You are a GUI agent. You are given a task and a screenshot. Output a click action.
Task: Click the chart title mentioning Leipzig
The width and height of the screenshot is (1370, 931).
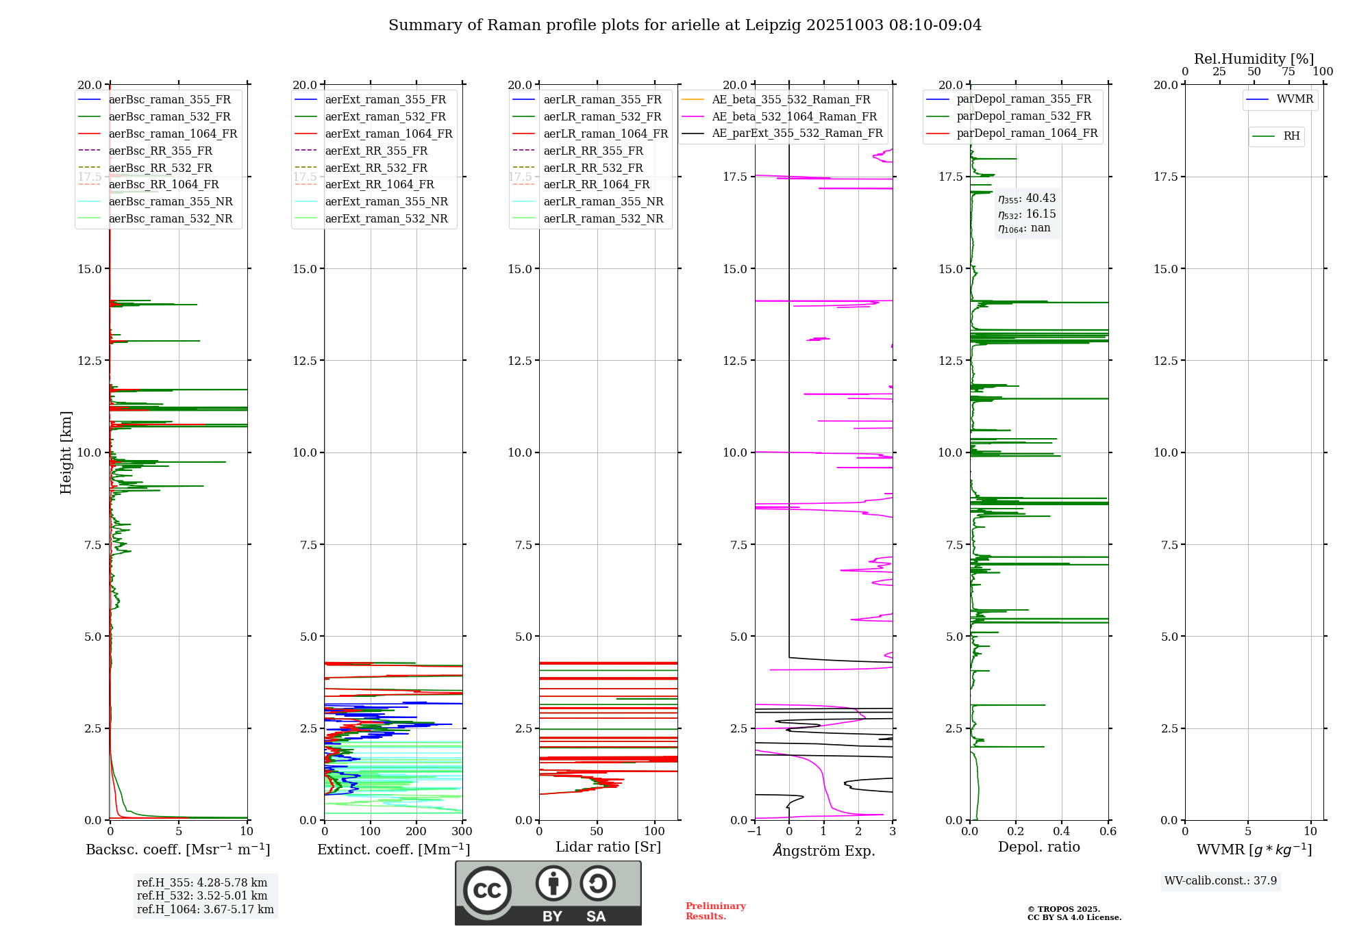(x=685, y=25)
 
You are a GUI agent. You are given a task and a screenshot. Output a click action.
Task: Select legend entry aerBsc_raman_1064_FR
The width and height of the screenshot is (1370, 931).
(x=173, y=133)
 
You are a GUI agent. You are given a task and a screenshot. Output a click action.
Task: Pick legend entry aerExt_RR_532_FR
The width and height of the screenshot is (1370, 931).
(x=376, y=168)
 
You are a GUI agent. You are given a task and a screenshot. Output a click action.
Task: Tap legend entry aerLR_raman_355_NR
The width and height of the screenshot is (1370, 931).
(x=603, y=201)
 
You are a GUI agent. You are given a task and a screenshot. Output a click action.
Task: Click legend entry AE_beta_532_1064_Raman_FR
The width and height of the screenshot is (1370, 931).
(x=794, y=116)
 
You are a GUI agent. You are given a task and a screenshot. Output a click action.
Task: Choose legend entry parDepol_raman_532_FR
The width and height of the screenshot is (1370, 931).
(x=1023, y=116)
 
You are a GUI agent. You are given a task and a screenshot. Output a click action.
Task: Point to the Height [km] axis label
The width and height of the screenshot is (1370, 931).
(x=66, y=452)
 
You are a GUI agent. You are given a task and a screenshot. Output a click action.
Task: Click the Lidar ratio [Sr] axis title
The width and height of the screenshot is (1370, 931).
(x=608, y=847)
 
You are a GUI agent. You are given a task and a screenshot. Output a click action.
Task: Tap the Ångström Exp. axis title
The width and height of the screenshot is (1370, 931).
(x=824, y=850)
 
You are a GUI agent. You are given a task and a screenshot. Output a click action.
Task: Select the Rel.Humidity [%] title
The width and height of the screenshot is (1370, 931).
(x=1254, y=59)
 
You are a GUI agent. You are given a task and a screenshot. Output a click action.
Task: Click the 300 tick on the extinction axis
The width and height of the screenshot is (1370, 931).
(x=462, y=832)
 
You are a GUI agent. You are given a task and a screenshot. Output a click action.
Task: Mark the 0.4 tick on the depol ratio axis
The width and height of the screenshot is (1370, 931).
(x=1062, y=832)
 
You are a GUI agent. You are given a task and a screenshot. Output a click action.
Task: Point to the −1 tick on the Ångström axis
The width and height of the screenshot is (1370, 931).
(x=754, y=832)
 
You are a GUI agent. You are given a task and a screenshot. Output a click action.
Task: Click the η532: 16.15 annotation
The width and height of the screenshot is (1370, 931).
(x=1027, y=214)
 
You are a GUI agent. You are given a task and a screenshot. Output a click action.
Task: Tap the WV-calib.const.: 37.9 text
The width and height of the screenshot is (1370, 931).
(x=1221, y=880)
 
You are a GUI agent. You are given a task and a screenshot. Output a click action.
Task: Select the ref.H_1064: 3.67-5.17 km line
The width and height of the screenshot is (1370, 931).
(x=206, y=910)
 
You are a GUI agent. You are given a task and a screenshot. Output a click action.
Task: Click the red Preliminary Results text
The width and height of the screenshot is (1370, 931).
(x=715, y=911)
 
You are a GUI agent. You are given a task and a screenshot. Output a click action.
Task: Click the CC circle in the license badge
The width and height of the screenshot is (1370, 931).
(x=487, y=891)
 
